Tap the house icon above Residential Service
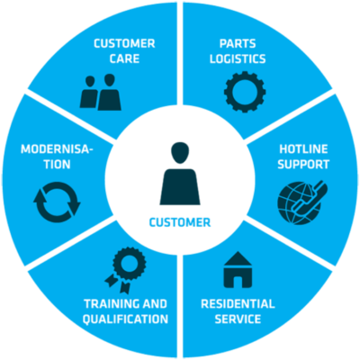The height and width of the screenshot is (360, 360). pyautogui.click(x=238, y=270)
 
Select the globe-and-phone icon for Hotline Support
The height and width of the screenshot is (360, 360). pyautogui.click(x=302, y=202)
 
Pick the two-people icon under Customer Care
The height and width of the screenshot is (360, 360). pyautogui.click(x=101, y=93)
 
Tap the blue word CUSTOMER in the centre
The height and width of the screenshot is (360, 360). pyautogui.click(x=180, y=222)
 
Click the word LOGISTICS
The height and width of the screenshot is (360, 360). pyautogui.click(x=238, y=58)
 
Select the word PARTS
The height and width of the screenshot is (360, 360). pyautogui.click(x=238, y=44)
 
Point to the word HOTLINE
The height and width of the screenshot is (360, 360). pyautogui.click(x=303, y=149)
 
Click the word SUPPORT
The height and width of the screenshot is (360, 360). pyautogui.click(x=303, y=165)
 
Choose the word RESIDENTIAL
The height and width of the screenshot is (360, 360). pyautogui.click(x=238, y=304)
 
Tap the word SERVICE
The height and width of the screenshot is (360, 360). pyautogui.click(x=238, y=319)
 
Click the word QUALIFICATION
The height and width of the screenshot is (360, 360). pyautogui.click(x=125, y=319)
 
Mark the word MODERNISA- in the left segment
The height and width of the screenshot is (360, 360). pyautogui.click(x=57, y=149)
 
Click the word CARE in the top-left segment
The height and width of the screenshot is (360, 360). pyautogui.click(x=124, y=58)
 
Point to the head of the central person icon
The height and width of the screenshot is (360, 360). pyautogui.click(x=180, y=153)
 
